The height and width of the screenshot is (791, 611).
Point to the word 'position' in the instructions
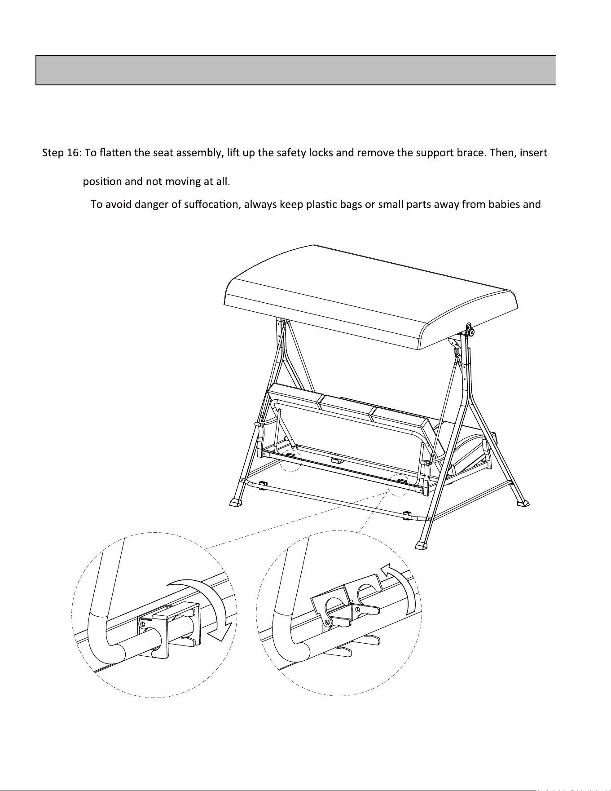102,182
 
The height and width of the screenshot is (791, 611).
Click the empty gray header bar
296,70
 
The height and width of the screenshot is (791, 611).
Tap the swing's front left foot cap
235,502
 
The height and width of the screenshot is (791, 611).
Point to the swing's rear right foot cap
523,504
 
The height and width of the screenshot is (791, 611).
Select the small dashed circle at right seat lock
399,484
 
